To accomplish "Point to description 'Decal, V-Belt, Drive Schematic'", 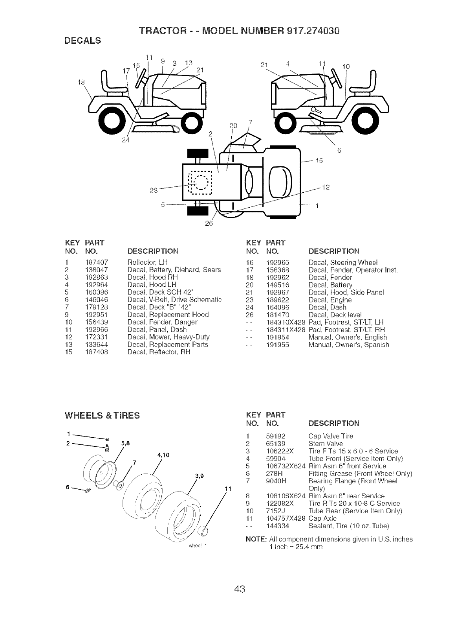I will pyautogui.click(x=175, y=300).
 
